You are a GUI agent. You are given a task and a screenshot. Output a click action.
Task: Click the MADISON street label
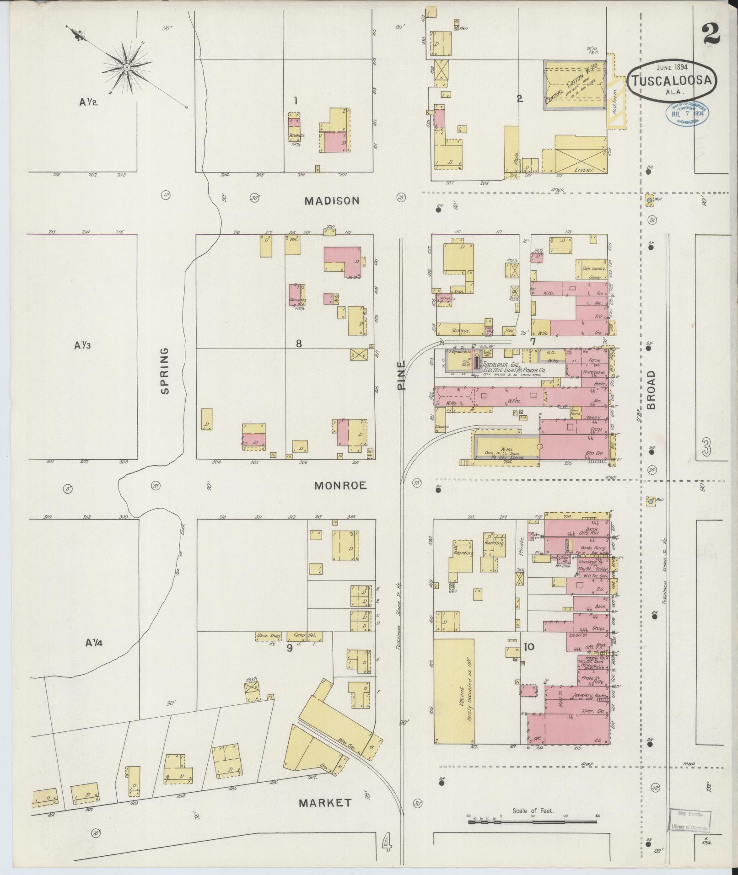333,201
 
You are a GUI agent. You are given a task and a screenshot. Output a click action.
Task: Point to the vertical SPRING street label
165,370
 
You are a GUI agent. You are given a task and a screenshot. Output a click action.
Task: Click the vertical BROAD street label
651,389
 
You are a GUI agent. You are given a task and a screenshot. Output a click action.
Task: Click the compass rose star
126,68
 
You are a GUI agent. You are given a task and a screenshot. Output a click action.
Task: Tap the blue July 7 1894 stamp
687,113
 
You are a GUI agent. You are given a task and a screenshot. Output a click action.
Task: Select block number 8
298,343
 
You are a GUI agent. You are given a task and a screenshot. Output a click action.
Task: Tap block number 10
528,647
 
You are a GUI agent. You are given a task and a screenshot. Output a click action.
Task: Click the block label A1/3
82,345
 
